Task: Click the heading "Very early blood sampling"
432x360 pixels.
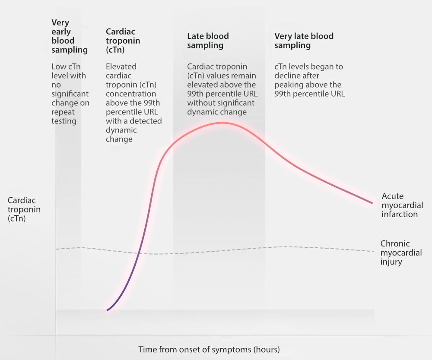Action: point(69,36)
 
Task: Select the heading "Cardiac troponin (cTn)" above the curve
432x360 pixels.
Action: point(123,41)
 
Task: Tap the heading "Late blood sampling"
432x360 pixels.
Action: point(208,41)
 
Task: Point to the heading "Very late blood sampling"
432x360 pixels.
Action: point(304,41)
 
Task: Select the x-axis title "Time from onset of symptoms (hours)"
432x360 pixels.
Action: point(209,349)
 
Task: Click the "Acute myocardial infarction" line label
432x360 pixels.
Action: point(400,205)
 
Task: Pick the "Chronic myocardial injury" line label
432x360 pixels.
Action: point(401,253)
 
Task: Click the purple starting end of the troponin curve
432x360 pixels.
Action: point(108,310)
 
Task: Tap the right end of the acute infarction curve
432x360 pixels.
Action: point(372,202)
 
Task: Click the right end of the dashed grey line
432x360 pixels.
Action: point(373,251)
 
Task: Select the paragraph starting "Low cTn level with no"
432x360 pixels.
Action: point(70,94)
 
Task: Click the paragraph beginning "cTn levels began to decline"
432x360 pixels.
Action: point(309,80)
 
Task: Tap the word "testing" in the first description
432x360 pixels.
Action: point(64,121)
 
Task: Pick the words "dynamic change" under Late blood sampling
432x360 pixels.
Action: point(217,112)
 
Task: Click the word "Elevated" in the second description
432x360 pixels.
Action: point(121,66)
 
